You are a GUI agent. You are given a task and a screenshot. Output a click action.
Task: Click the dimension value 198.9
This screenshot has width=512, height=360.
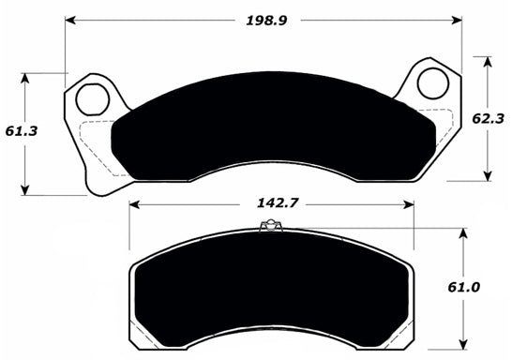pos(264,18)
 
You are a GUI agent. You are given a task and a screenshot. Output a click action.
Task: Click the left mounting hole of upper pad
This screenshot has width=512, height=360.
pos(92,96)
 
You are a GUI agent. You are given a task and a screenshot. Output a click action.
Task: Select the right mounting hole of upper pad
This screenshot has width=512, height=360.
pos(432,82)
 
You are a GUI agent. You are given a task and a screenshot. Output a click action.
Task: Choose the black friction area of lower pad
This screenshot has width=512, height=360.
pos(270,291)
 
